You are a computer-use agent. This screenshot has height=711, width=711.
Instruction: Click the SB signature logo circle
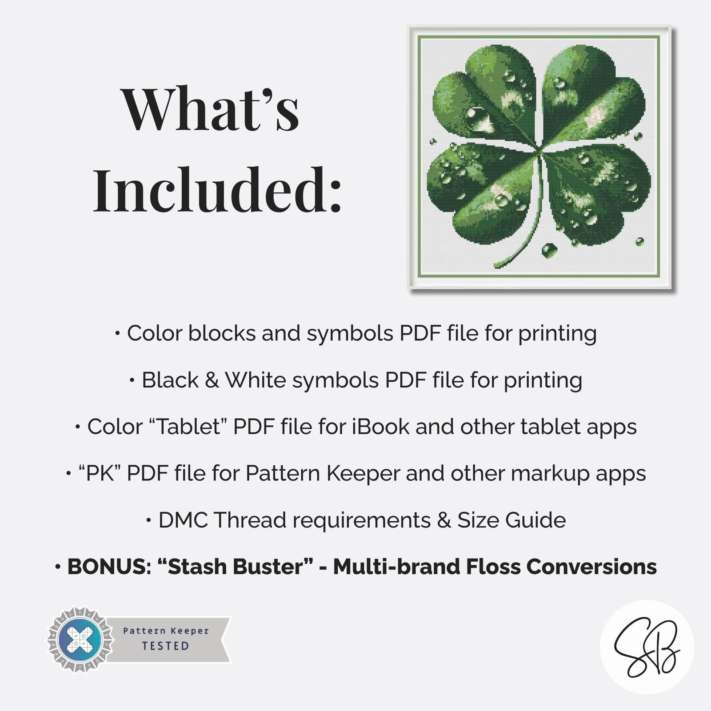tap(647, 647)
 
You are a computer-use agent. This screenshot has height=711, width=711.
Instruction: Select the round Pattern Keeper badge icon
tap(80, 640)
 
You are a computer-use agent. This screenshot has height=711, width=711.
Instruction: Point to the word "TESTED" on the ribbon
tap(166, 646)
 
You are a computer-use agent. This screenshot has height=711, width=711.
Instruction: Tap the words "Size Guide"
tap(511, 520)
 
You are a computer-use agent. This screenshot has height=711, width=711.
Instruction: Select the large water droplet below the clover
tap(549, 250)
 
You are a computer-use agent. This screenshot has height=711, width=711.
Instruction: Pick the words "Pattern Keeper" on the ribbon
tap(166, 631)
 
